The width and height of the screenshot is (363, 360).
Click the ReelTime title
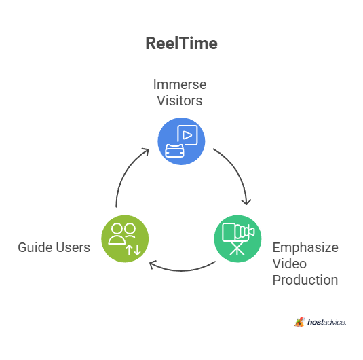click(182, 43)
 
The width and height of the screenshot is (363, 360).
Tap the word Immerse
click(180, 84)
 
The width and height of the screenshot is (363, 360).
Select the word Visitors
click(180, 101)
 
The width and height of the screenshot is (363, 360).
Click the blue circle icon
click(181, 141)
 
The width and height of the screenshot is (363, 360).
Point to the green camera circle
click(237, 239)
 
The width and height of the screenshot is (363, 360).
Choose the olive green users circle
click(125, 239)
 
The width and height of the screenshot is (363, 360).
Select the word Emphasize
click(305, 247)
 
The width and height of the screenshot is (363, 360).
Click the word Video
click(290, 264)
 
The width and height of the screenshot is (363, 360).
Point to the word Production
click(305, 280)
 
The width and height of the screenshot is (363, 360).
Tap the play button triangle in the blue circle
click(187, 135)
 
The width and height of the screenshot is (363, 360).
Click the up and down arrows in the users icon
click(134, 250)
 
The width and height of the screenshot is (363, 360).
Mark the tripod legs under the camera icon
click(237, 249)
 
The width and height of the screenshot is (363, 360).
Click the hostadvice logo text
click(326, 322)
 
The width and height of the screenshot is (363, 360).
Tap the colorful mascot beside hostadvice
click(299, 322)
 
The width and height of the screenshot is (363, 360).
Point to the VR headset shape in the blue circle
click(174, 151)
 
